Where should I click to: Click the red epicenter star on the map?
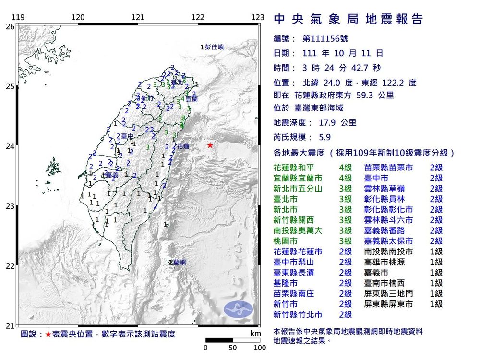pos(210,145)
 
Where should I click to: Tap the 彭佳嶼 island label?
pos(214,47)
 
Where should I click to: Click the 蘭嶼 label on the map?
pos(177,262)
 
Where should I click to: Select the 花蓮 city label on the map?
pos(183,145)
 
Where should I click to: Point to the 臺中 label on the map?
pos(127,136)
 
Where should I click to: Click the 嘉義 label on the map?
pos(111,175)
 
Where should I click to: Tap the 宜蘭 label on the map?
pos(191,98)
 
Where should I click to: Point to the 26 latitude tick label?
pos(10,27)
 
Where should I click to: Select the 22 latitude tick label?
pos(10,266)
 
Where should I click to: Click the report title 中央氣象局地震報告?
pos(348,19)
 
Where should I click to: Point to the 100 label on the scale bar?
pos(260,348)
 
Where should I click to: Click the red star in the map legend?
pos(48,334)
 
